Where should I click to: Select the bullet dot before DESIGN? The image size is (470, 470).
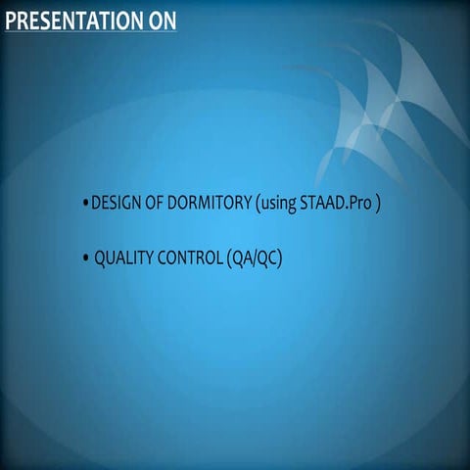point(86,206)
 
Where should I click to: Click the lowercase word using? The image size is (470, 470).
point(280,206)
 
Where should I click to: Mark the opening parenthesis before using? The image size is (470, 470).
point(258,206)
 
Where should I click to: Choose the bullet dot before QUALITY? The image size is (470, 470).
point(86,260)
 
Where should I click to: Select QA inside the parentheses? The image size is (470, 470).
point(241,259)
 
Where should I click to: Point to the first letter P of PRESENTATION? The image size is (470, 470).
point(11,22)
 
